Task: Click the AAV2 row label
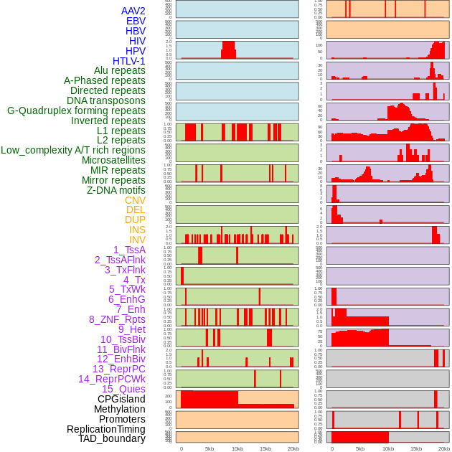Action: point(133,11)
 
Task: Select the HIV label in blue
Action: point(137,41)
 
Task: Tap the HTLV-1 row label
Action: point(129,61)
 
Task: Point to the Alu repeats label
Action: point(120,70)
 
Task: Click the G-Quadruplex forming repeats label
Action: point(76,110)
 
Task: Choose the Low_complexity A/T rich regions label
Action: point(73,150)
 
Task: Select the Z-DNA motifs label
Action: point(116,190)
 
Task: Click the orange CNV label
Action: point(135,200)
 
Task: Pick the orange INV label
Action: point(137,240)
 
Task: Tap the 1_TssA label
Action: point(129,250)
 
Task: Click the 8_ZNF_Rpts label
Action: point(117,319)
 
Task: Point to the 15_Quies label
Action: point(123,389)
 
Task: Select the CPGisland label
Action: point(121,399)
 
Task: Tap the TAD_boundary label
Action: point(112,438)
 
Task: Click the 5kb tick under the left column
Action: point(209,448)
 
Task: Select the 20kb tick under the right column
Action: point(444,448)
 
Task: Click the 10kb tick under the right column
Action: point(388,448)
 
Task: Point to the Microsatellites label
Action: point(113,160)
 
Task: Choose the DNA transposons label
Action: point(106,100)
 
